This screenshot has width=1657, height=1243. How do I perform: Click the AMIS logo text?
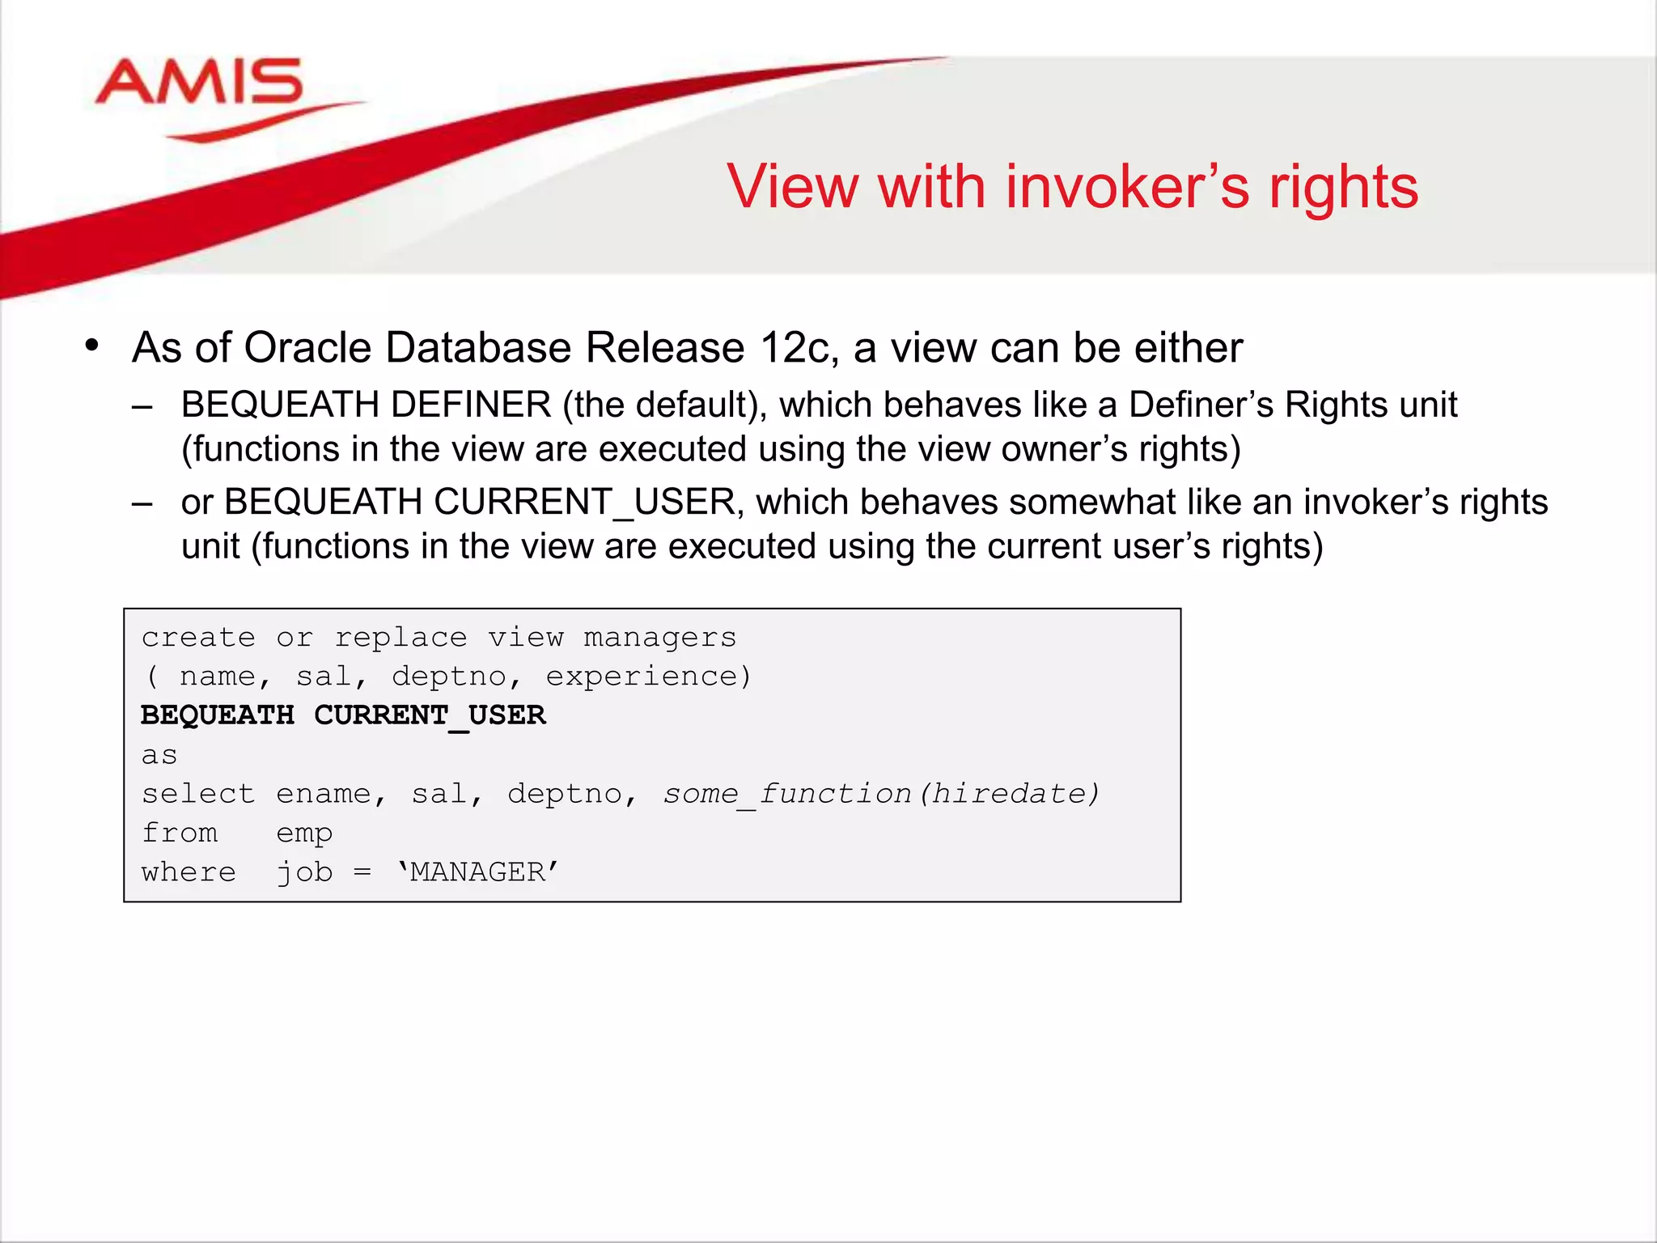pos(199,83)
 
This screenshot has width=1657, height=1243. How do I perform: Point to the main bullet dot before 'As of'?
pos(92,346)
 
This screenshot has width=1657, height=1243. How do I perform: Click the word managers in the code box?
pos(660,638)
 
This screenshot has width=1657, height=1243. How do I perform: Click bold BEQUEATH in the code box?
pos(218,715)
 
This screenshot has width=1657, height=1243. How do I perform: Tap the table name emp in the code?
pos(304,833)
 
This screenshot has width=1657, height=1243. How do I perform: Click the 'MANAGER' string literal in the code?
pos(477,872)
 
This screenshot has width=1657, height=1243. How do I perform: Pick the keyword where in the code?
pos(189,872)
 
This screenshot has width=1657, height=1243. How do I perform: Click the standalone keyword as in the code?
pos(159,755)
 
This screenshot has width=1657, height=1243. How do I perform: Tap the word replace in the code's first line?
pos(401,638)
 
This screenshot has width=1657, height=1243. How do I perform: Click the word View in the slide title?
pos(792,187)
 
